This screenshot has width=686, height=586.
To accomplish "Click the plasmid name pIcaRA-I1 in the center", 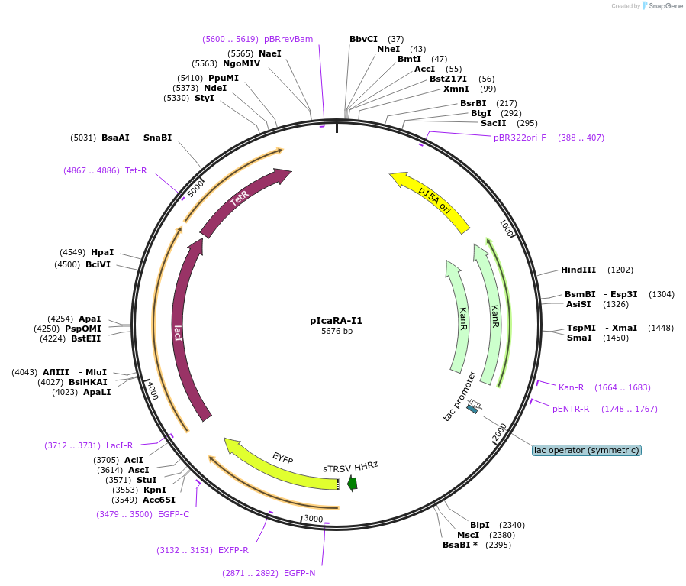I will click(x=337, y=321).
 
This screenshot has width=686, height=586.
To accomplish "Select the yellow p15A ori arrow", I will click(x=431, y=201).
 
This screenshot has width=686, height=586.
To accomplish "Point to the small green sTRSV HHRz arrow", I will click(x=352, y=483).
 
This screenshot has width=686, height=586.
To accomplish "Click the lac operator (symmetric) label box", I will click(x=586, y=450).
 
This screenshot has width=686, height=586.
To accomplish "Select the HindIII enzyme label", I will click(x=578, y=270).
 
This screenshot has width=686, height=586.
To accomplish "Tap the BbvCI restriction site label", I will click(x=363, y=39).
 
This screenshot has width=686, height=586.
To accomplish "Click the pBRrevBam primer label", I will click(x=288, y=39).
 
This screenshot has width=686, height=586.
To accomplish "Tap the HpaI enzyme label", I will click(x=102, y=252).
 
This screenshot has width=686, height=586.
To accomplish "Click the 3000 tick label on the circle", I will click(x=314, y=519).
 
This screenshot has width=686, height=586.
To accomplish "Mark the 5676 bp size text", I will click(x=337, y=332).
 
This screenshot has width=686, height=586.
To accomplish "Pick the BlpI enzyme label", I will click(x=480, y=525).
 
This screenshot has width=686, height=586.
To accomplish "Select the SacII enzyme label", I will click(x=493, y=123).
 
